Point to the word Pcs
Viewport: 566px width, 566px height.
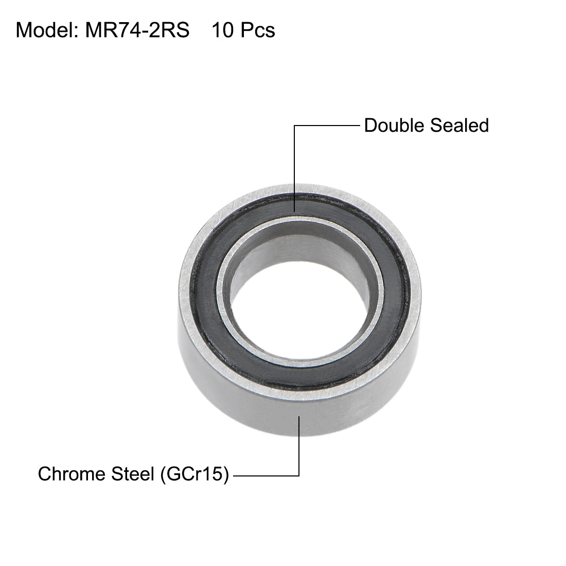(x=257, y=31)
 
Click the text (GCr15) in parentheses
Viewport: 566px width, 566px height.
(x=193, y=474)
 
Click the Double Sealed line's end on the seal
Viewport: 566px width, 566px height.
(x=294, y=211)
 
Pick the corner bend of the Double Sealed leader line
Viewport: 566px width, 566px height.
(x=294, y=125)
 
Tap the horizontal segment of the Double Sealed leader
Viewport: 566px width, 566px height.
(x=327, y=125)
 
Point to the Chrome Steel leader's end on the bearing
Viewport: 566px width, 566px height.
(x=299, y=417)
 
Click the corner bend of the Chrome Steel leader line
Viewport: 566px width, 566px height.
(x=299, y=474)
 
